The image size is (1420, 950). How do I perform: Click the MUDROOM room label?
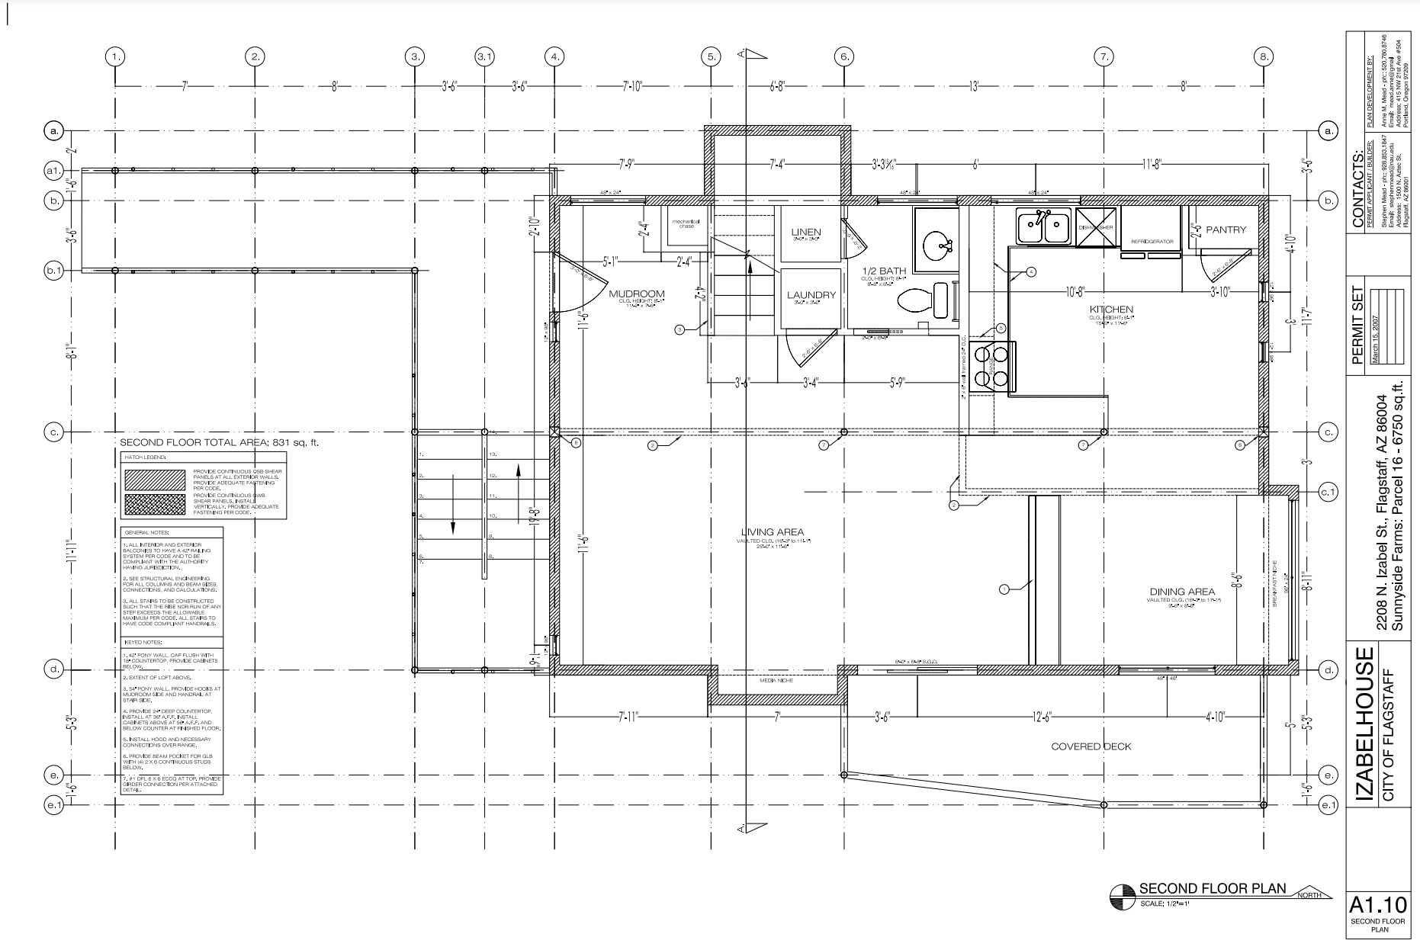click(636, 294)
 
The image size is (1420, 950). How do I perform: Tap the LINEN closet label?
click(805, 232)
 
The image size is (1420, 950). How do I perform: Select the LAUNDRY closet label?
click(811, 295)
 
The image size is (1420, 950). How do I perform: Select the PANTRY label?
click(1226, 229)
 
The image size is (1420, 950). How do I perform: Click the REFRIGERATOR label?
click(1151, 242)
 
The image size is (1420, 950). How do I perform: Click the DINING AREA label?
click(1182, 592)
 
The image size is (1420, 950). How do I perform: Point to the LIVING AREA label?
click(773, 532)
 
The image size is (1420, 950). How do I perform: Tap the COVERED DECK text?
click(1091, 746)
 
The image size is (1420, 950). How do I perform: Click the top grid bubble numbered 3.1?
click(484, 56)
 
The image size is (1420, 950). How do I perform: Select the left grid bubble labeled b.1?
click(54, 270)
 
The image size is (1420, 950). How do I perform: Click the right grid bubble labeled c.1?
click(1328, 493)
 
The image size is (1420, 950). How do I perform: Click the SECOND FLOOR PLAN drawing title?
click(1212, 888)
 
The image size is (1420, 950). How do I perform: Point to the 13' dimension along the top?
click(973, 86)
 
